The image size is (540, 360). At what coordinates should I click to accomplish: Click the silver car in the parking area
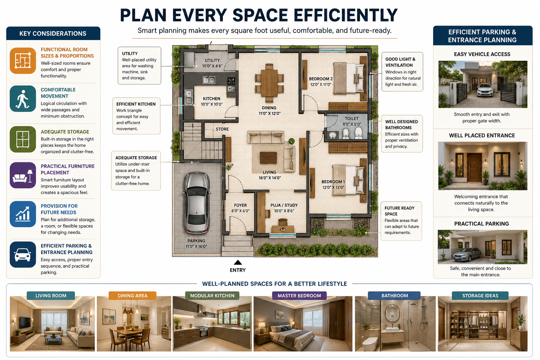[x=197, y=203]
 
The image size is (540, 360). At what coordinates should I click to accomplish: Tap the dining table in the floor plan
[x=269, y=83]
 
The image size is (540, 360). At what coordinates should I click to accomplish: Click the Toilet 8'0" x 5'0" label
[x=352, y=121]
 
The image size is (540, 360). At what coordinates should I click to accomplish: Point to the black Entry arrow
[x=238, y=262]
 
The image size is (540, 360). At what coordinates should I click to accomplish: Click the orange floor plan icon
[x=23, y=61]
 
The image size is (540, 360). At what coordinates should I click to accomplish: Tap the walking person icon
[x=23, y=99]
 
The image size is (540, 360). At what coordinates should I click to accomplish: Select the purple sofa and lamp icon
[x=23, y=175]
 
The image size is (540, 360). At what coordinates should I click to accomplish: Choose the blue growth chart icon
[x=23, y=214]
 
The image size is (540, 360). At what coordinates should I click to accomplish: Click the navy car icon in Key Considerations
[x=23, y=255]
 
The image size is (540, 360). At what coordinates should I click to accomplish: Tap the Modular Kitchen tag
[x=212, y=296]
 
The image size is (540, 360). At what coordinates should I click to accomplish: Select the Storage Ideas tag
[x=480, y=296]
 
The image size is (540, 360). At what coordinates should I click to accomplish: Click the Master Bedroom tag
[x=299, y=296]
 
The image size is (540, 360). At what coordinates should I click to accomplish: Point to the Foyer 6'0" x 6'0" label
[x=240, y=208]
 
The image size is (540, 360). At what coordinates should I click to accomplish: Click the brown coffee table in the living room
[x=268, y=158]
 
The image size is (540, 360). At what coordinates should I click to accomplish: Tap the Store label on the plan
[x=222, y=129]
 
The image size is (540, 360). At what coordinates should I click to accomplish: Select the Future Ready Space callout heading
[x=399, y=211]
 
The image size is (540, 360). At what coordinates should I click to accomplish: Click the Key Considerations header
[x=53, y=33]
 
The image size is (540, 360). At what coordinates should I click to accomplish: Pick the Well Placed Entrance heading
[x=482, y=135]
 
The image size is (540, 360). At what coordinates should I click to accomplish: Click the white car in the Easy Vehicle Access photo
[x=485, y=90]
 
